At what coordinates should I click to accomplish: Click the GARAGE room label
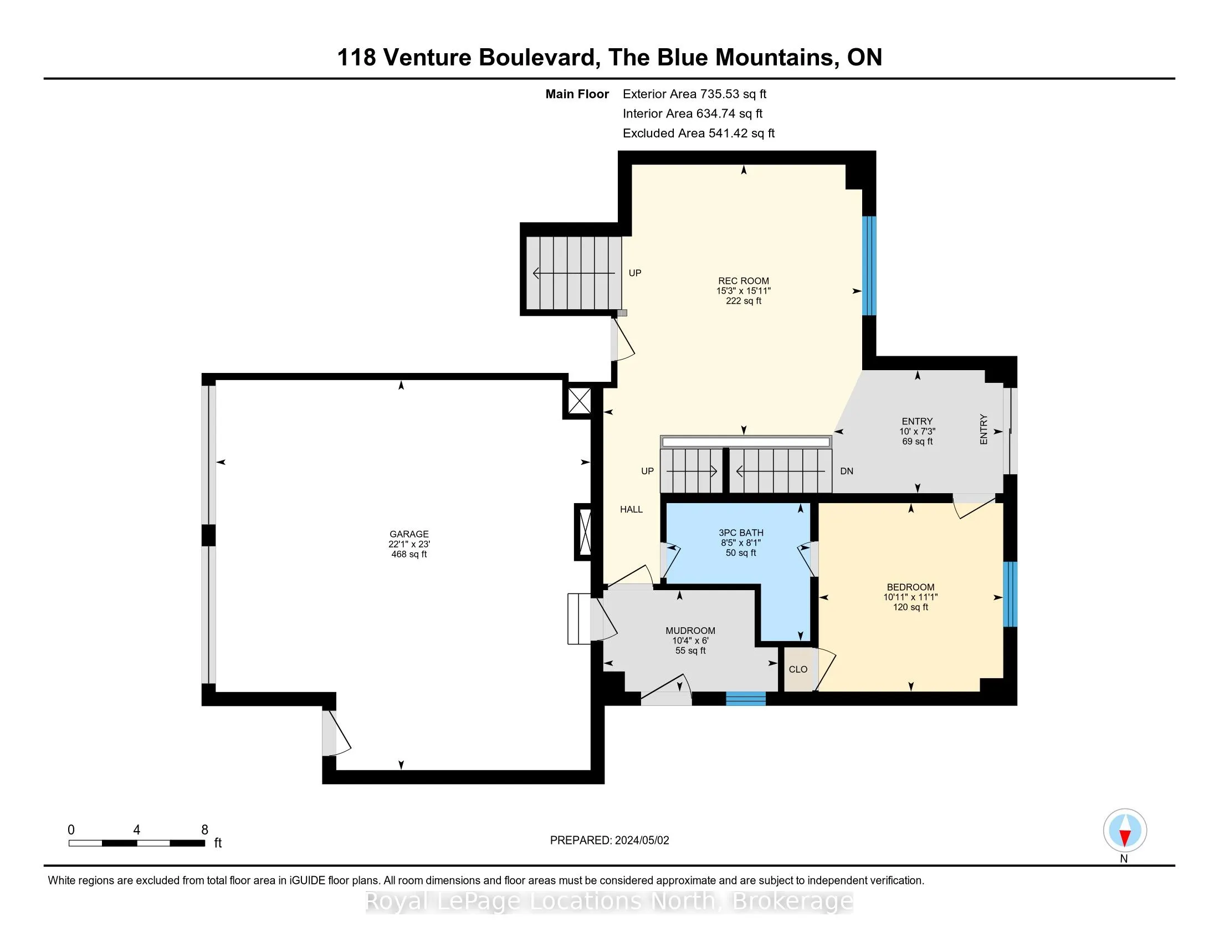pyautogui.click(x=409, y=534)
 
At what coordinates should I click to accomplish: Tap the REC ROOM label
pyautogui.click(x=744, y=281)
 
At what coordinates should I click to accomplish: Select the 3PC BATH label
pyautogui.click(x=741, y=533)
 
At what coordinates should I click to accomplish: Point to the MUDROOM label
pyautogui.click(x=690, y=631)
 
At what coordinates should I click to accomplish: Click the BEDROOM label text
pyautogui.click(x=910, y=587)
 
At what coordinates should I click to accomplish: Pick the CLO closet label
pyautogui.click(x=798, y=669)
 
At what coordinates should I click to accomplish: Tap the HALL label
pyautogui.click(x=631, y=509)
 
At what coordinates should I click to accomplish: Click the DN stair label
pyautogui.click(x=847, y=471)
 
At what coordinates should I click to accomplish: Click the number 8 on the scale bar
pyautogui.click(x=205, y=830)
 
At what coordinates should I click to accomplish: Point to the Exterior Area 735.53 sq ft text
pyautogui.click(x=694, y=94)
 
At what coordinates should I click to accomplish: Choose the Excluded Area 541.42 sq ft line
pyautogui.click(x=699, y=133)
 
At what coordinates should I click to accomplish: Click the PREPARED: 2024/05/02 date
pyautogui.click(x=609, y=840)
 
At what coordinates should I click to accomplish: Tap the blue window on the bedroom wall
pyautogui.click(x=1010, y=594)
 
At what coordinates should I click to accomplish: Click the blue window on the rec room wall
pyautogui.click(x=869, y=265)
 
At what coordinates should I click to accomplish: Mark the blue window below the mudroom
pyautogui.click(x=746, y=699)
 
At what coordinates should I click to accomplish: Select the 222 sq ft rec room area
pyautogui.click(x=744, y=301)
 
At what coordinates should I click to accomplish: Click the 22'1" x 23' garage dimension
pyautogui.click(x=409, y=544)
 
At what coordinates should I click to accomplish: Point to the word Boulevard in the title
pyautogui.click(x=540, y=58)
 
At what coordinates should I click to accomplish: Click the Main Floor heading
pyautogui.click(x=577, y=94)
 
